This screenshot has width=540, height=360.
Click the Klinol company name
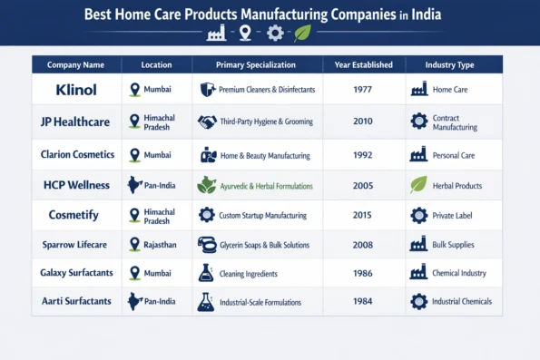click(x=75, y=90)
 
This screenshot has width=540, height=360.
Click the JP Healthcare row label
click(x=75, y=122)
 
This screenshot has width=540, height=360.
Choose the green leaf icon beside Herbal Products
click(x=418, y=184)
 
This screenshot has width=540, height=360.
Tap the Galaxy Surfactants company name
click(x=75, y=272)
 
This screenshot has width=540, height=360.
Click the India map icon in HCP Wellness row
click(x=135, y=185)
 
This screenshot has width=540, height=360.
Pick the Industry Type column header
click(x=451, y=65)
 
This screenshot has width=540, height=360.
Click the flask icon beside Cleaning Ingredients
click(x=206, y=272)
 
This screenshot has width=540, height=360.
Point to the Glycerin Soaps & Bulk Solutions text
click(x=264, y=245)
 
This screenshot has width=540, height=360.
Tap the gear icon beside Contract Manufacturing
click(x=418, y=122)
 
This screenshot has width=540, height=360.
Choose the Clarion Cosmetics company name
click(x=75, y=153)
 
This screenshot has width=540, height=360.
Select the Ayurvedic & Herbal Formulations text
click(x=268, y=185)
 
